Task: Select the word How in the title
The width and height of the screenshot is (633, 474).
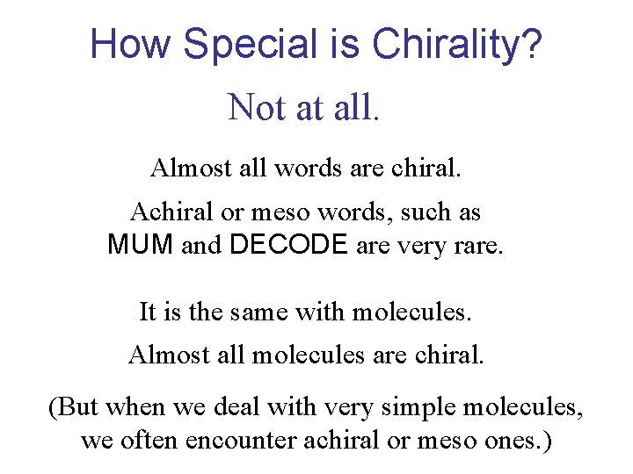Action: [130, 44]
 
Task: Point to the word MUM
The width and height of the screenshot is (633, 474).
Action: [141, 244]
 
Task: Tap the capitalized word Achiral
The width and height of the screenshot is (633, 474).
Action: [171, 212]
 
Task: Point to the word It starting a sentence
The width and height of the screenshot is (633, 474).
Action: [149, 311]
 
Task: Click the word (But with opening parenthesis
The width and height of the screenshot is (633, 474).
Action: [76, 408]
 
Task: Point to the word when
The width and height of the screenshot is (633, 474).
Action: [140, 408]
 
